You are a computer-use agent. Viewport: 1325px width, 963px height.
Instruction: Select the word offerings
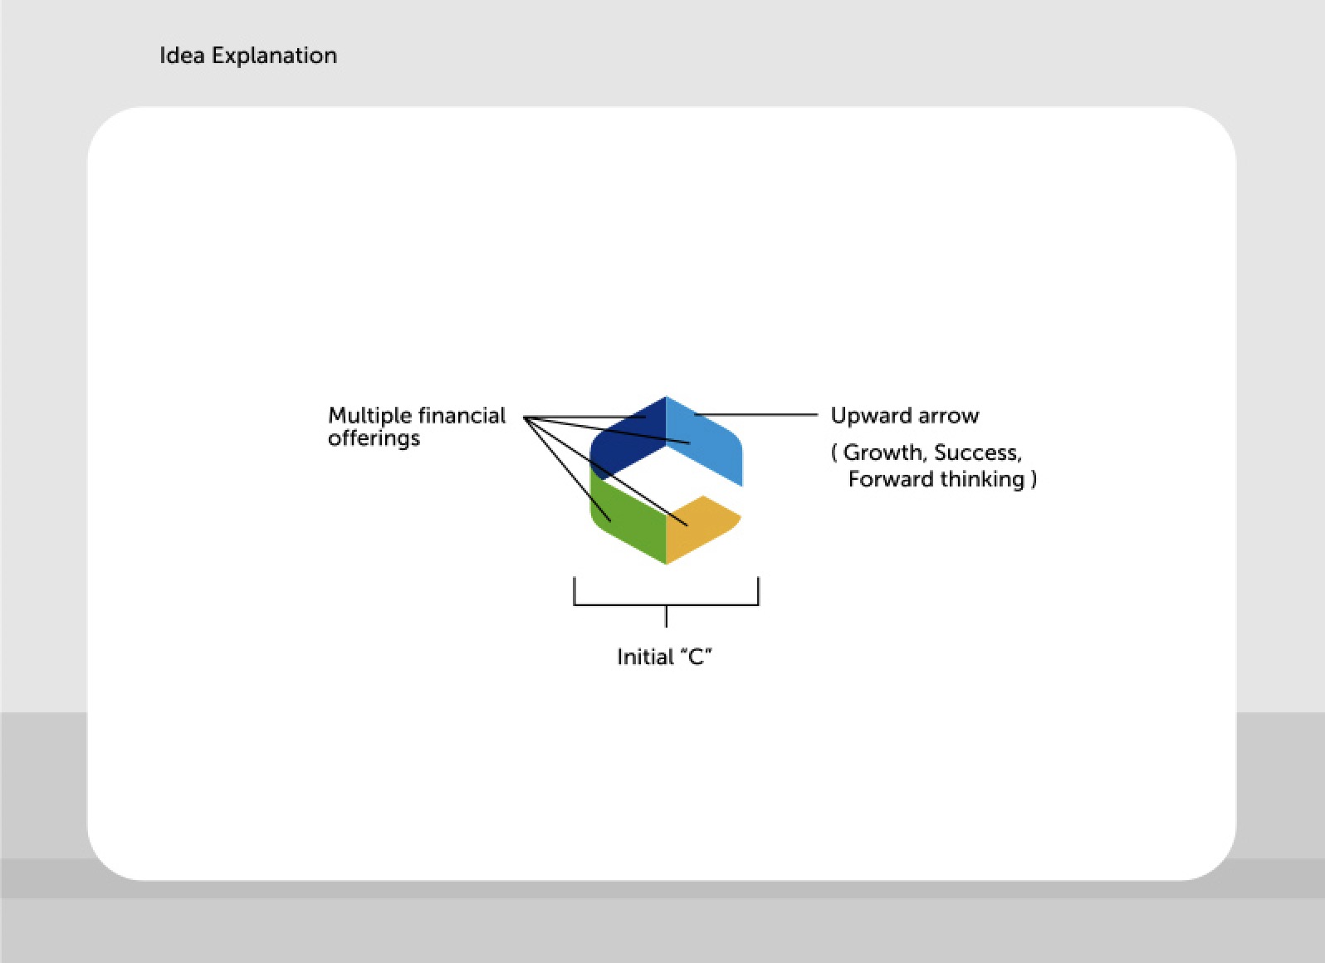point(374,438)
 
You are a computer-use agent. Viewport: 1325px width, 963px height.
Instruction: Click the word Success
point(976,452)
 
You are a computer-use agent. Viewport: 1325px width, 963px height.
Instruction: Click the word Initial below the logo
point(644,657)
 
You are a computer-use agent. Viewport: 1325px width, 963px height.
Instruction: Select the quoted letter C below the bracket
point(696,657)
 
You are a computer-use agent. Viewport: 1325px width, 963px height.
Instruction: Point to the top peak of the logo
point(666,399)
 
